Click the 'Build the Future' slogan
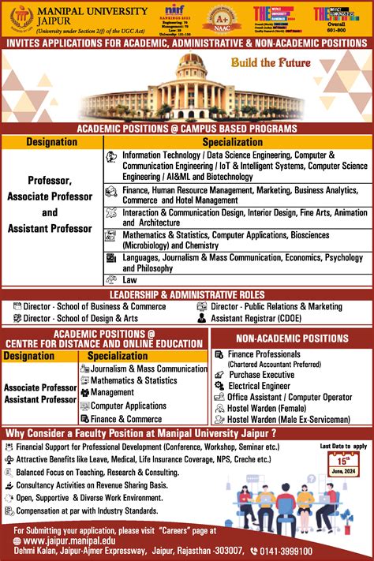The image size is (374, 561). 271,63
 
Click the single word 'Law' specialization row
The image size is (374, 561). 130,279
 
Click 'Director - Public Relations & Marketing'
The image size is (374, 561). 276,306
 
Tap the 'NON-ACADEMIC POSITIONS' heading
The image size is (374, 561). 293,338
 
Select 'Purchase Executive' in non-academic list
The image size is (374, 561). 261,376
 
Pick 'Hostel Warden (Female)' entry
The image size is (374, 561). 268,409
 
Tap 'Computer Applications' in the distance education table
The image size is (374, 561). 129,406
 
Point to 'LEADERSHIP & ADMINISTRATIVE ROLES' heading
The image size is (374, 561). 186,294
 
